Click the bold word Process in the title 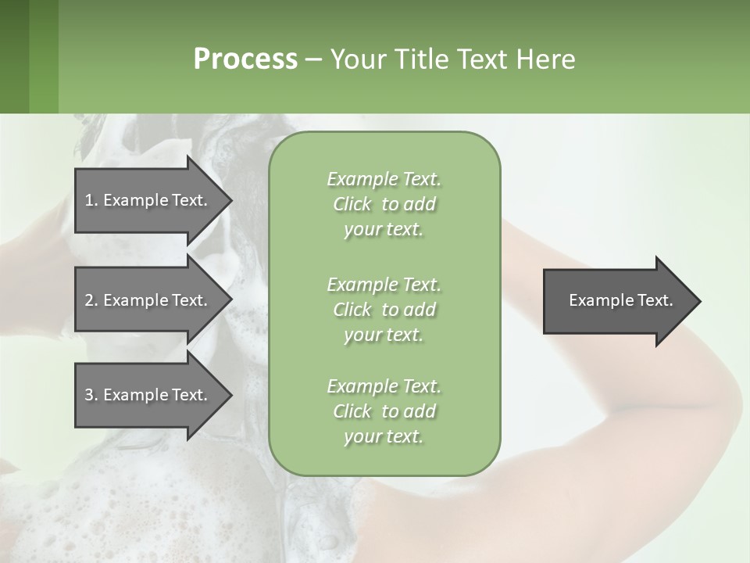tap(245, 59)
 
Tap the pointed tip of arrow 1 tap(230, 200)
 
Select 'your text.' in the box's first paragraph tap(384, 230)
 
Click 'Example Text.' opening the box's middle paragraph tap(384, 284)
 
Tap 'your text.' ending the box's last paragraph tap(384, 436)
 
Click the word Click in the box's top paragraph tap(352, 205)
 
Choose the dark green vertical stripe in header tap(15, 56)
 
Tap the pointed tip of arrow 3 tap(230, 395)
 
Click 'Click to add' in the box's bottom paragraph tap(384, 411)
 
